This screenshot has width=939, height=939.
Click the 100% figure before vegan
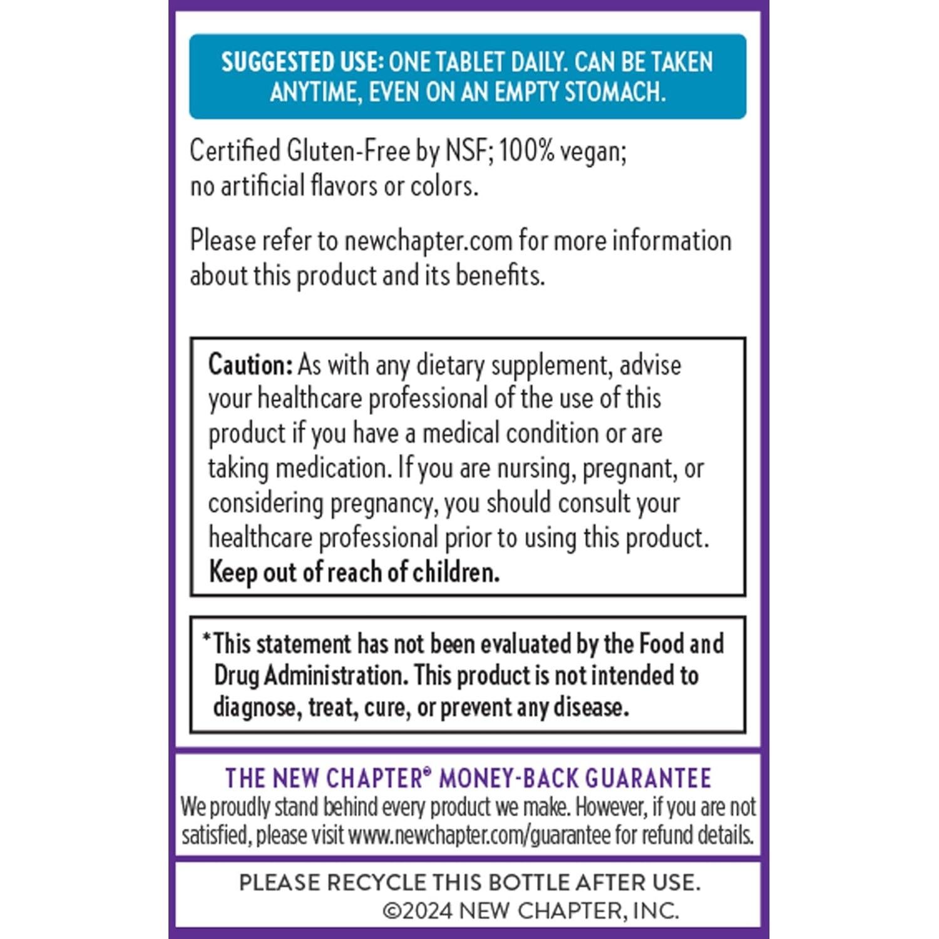(x=527, y=151)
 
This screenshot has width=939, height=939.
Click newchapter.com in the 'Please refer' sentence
(x=428, y=241)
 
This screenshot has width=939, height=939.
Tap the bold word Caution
(x=250, y=364)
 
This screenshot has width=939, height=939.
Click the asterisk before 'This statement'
(x=207, y=638)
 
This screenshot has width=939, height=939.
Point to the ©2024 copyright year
(x=418, y=911)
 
